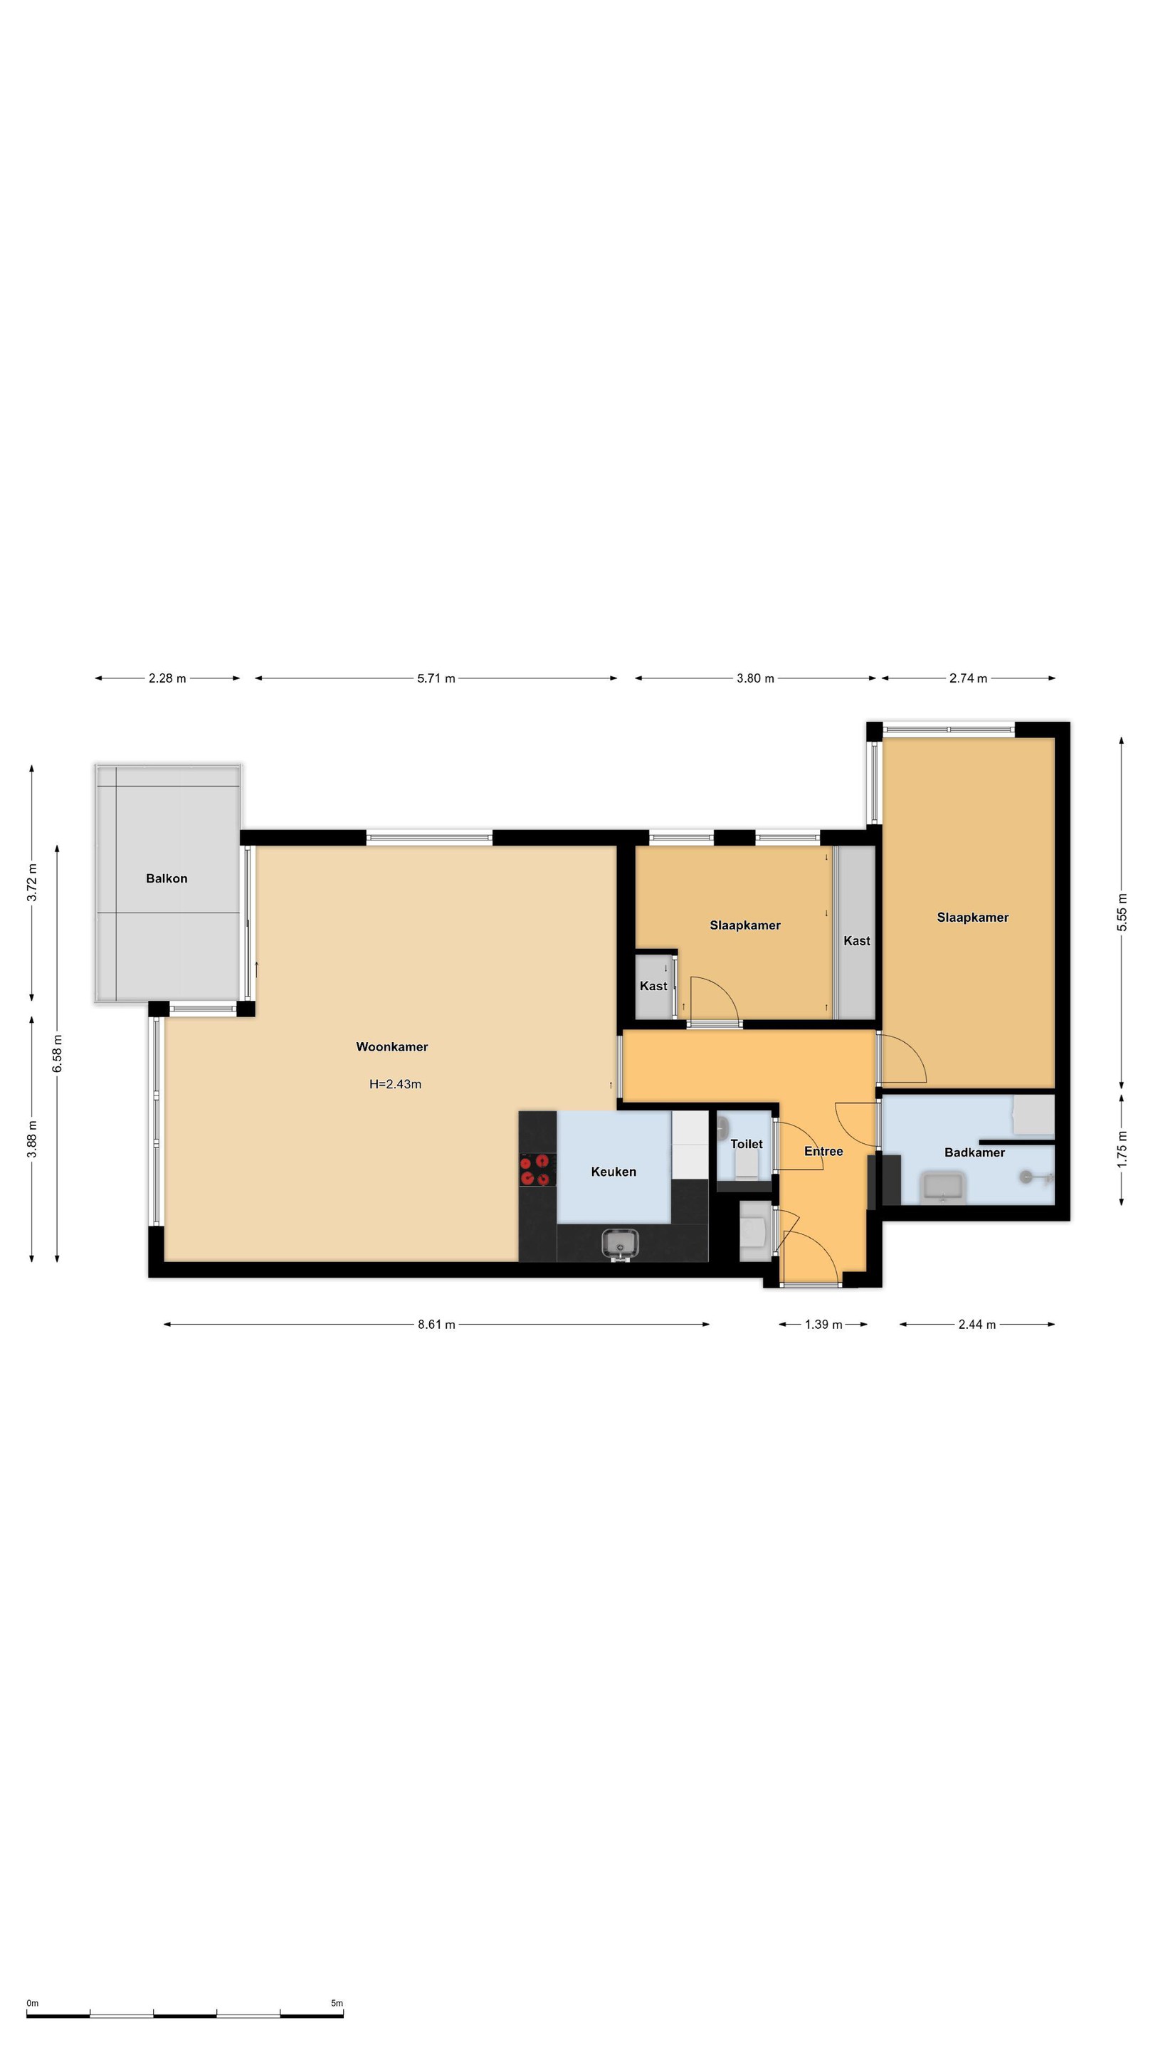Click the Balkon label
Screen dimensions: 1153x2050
tap(167, 878)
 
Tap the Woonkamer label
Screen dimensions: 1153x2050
tap(391, 1046)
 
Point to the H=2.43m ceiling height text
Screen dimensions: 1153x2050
tap(395, 1084)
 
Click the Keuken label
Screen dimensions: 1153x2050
tap(614, 1172)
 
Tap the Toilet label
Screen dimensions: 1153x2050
tap(747, 1144)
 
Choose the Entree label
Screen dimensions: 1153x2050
tap(823, 1151)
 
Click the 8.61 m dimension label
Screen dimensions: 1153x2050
tap(436, 1324)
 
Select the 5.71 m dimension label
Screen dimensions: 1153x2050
tap(436, 678)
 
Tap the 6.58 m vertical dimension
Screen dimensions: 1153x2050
tap(57, 1053)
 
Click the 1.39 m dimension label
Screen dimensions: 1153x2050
tap(823, 1324)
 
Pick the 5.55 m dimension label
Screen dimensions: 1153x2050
tap(1122, 912)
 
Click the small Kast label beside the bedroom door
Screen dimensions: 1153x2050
tap(653, 986)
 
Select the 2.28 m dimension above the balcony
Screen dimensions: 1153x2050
tap(167, 678)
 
